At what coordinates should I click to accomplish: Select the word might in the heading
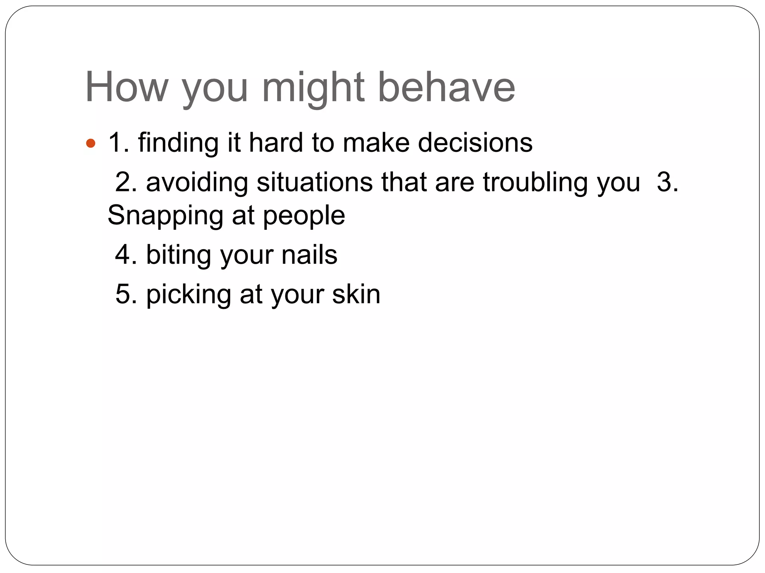313,90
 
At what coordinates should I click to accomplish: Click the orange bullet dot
91,143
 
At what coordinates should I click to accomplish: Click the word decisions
475,143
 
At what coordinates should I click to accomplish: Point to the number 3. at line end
667,182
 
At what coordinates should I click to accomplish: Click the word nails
309,255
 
